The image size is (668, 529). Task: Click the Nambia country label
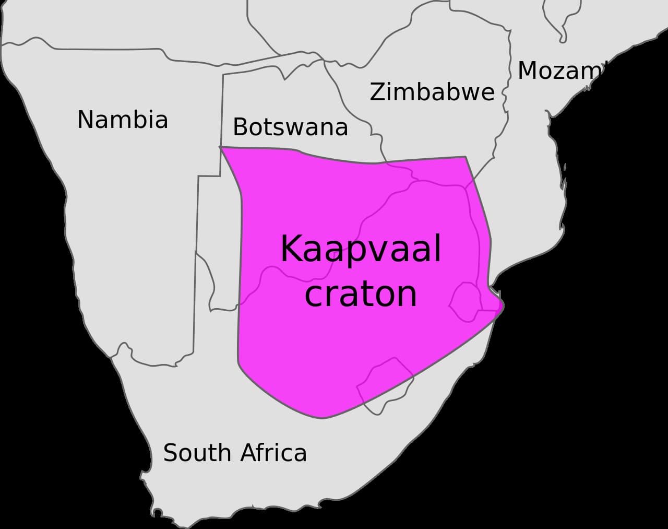123,120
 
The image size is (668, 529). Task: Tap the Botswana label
290,127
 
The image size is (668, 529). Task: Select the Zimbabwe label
432,92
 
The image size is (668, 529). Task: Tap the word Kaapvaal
361,249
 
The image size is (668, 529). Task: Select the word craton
361,293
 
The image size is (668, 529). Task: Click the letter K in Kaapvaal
290,249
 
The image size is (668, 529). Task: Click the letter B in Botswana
240,127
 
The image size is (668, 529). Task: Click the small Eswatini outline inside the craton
465,301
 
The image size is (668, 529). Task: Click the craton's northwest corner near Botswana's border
221,148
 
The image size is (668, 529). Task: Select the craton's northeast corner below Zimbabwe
465,157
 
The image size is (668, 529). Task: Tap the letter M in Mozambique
529,70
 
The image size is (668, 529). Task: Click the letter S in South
170,452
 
